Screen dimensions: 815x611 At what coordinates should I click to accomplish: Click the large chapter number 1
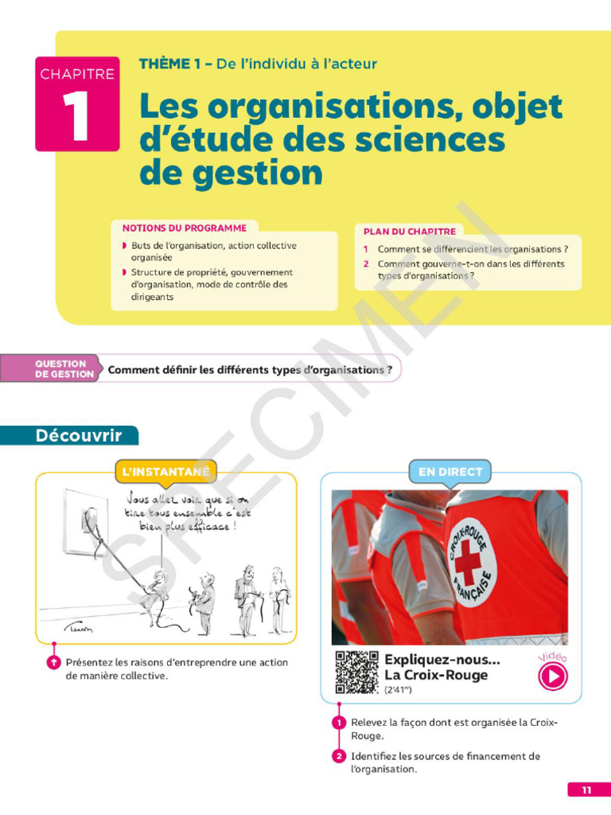click(76, 119)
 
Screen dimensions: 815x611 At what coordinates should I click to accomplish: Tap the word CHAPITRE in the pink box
click(77, 74)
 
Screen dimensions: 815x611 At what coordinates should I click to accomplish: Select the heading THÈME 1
click(169, 64)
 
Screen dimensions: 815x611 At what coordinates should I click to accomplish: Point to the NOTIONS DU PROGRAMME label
click(185, 228)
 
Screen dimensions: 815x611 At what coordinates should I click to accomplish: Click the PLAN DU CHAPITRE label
click(409, 232)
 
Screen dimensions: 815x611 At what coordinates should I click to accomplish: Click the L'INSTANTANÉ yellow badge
click(166, 472)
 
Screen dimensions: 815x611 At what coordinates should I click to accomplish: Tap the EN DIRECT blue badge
click(449, 472)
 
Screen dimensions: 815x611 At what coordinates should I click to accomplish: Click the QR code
click(356, 672)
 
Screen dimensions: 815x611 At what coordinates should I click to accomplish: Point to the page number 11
click(587, 790)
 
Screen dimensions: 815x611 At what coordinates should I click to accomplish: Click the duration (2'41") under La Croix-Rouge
click(399, 690)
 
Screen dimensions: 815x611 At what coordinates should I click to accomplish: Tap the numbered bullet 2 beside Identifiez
click(339, 756)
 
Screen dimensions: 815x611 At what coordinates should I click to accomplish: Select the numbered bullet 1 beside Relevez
click(339, 722)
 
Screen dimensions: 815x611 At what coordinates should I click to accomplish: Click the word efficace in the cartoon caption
click(208, 527)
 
